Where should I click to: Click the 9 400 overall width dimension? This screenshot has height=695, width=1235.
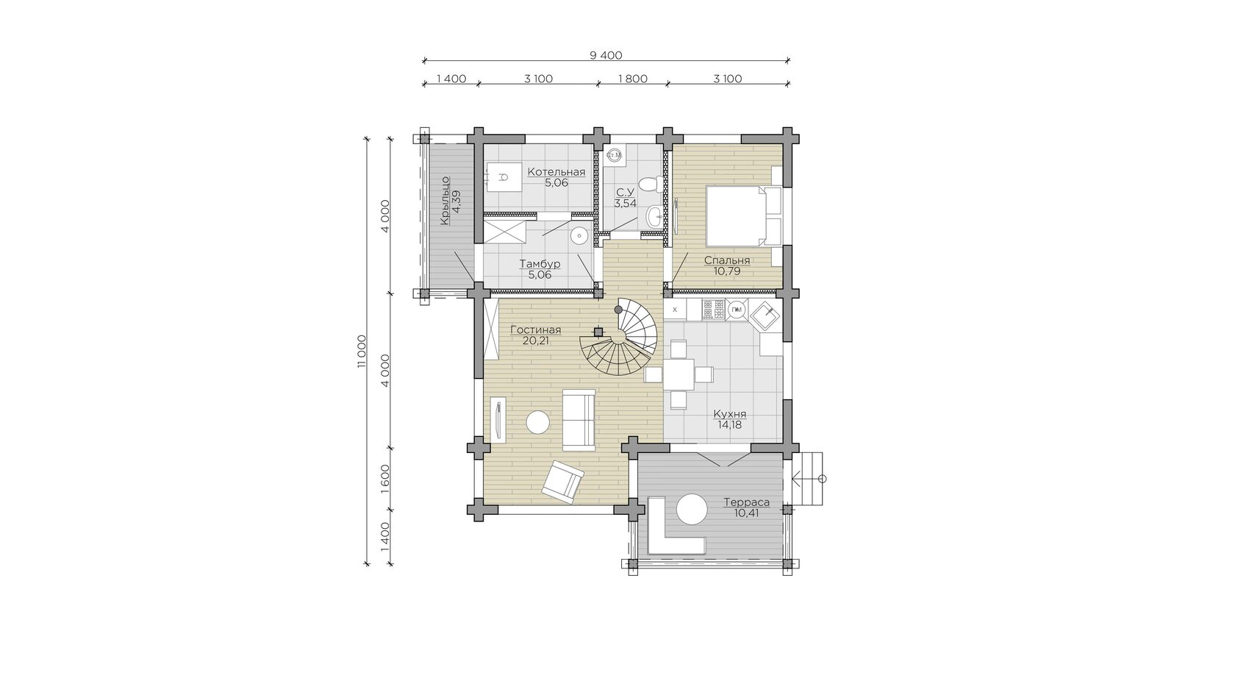[x=606, y=55]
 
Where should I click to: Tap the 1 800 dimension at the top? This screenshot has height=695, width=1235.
[x=632, y=79]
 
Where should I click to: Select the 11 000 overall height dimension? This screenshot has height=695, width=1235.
[x=361, y=351]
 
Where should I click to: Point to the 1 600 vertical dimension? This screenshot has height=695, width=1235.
[x=385, y=479]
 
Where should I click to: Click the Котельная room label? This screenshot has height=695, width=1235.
[x=556, y=172]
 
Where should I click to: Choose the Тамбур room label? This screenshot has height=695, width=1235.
[x=540, y=264]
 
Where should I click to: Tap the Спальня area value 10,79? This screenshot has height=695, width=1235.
[x=726, y=271]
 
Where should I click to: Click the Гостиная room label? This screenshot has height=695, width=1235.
[x=535, y=329]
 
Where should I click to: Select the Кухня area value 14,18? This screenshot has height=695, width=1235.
[x=729, y=425]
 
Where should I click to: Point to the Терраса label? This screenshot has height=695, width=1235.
[x=747, y=502]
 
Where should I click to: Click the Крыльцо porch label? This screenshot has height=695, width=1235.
[x=445, y=201]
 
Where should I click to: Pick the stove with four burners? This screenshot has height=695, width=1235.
[x=713, y=310]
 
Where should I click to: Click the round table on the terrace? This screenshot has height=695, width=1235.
[x=691, y=510]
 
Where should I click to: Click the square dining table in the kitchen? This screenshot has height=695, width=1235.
[x=679, y=374]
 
